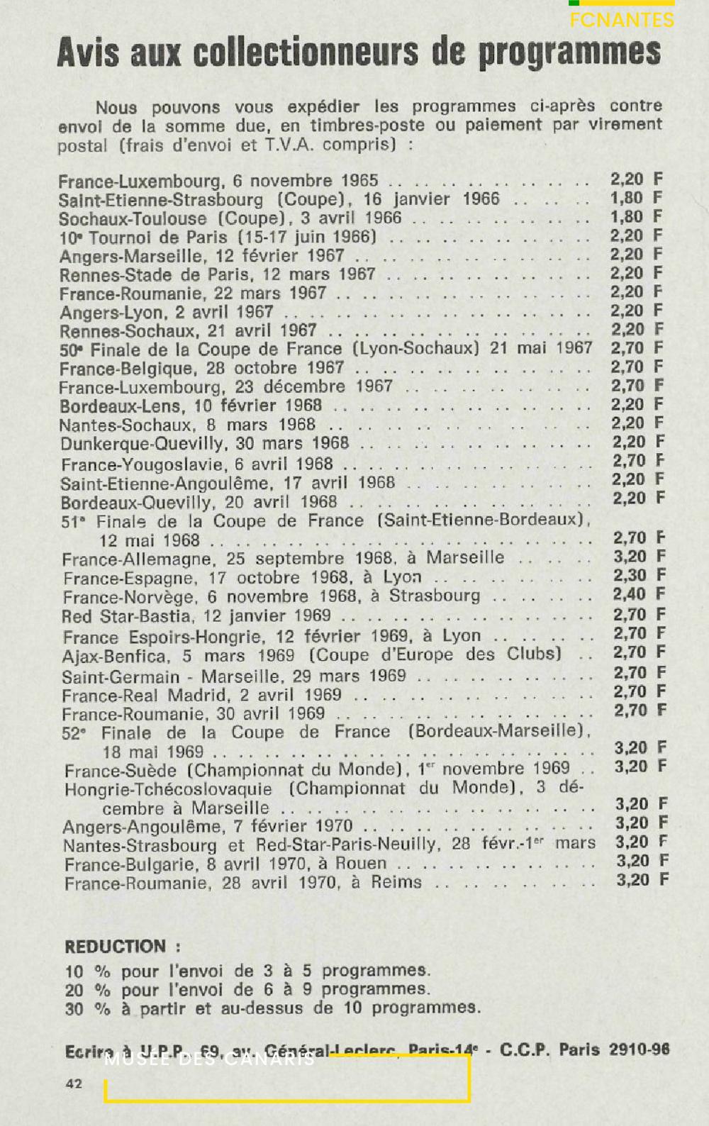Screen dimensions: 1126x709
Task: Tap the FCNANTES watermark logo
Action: [621, 20]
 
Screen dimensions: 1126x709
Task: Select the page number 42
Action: [73, 1083]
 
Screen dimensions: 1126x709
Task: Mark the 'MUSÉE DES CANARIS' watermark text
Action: [210, 1060]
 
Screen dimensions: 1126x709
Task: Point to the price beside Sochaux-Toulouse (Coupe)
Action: [636, 217]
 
